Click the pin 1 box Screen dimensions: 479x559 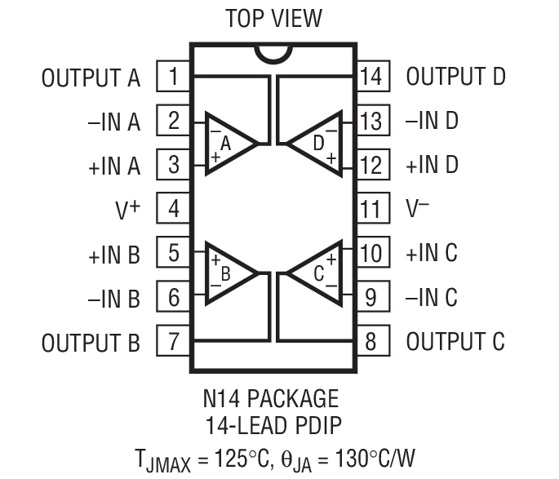(x=173, y=78)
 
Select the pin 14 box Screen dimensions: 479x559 (x=370, y=78)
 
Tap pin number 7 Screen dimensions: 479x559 (x=173, y=341)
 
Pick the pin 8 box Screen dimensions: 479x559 (x=370, y=341)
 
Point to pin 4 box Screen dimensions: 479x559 (x=173, y=209)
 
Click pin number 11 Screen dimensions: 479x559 (x=370, y=209)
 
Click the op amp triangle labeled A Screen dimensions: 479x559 (x=228, y=144)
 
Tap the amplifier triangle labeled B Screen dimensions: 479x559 (x=228, y=274)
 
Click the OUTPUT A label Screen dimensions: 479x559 (x=91, y=78)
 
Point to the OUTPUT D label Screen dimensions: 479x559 (x=455, y=78)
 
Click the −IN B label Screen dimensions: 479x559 (x=114, y=299)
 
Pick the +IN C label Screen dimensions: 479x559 (x=432, y=254)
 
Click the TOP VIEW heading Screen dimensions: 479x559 (x=273, y=18)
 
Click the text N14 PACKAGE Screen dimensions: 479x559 (x=271, y=398)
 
